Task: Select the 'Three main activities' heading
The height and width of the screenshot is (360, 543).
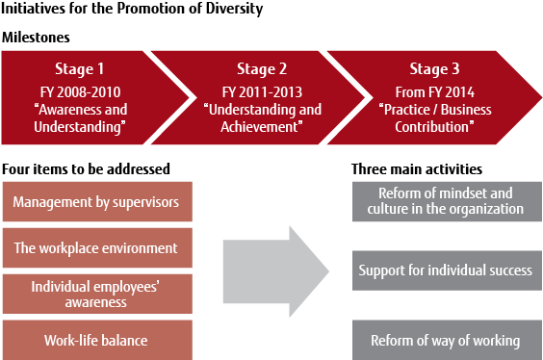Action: [416, 167]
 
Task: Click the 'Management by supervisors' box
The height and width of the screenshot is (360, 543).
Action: [96, 201]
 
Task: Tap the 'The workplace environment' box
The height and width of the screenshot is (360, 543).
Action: [96, 247]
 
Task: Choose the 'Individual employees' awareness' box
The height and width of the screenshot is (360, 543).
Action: [96, 294]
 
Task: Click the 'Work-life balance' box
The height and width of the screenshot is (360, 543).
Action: [96, 340]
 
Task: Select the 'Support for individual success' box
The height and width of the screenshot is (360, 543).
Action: [445, 270]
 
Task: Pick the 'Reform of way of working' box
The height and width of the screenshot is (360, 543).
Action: [445, 340]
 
